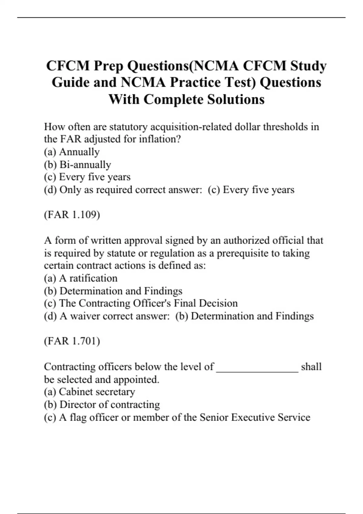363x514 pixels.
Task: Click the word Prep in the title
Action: click(109, 66)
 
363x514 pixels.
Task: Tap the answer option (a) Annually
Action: click(72, 152)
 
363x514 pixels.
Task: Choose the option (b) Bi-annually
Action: click(77, 164)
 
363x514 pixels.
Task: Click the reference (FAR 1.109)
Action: click(72, 215)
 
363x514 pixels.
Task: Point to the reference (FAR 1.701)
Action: click(72, 341)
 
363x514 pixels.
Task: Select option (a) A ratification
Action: click(81, 278)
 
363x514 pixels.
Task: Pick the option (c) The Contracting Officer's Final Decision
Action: click(141, 303)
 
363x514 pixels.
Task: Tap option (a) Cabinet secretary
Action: click(90, 392)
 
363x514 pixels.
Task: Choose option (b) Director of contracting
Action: click(102, 405)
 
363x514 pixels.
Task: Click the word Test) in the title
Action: click(239, 83)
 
